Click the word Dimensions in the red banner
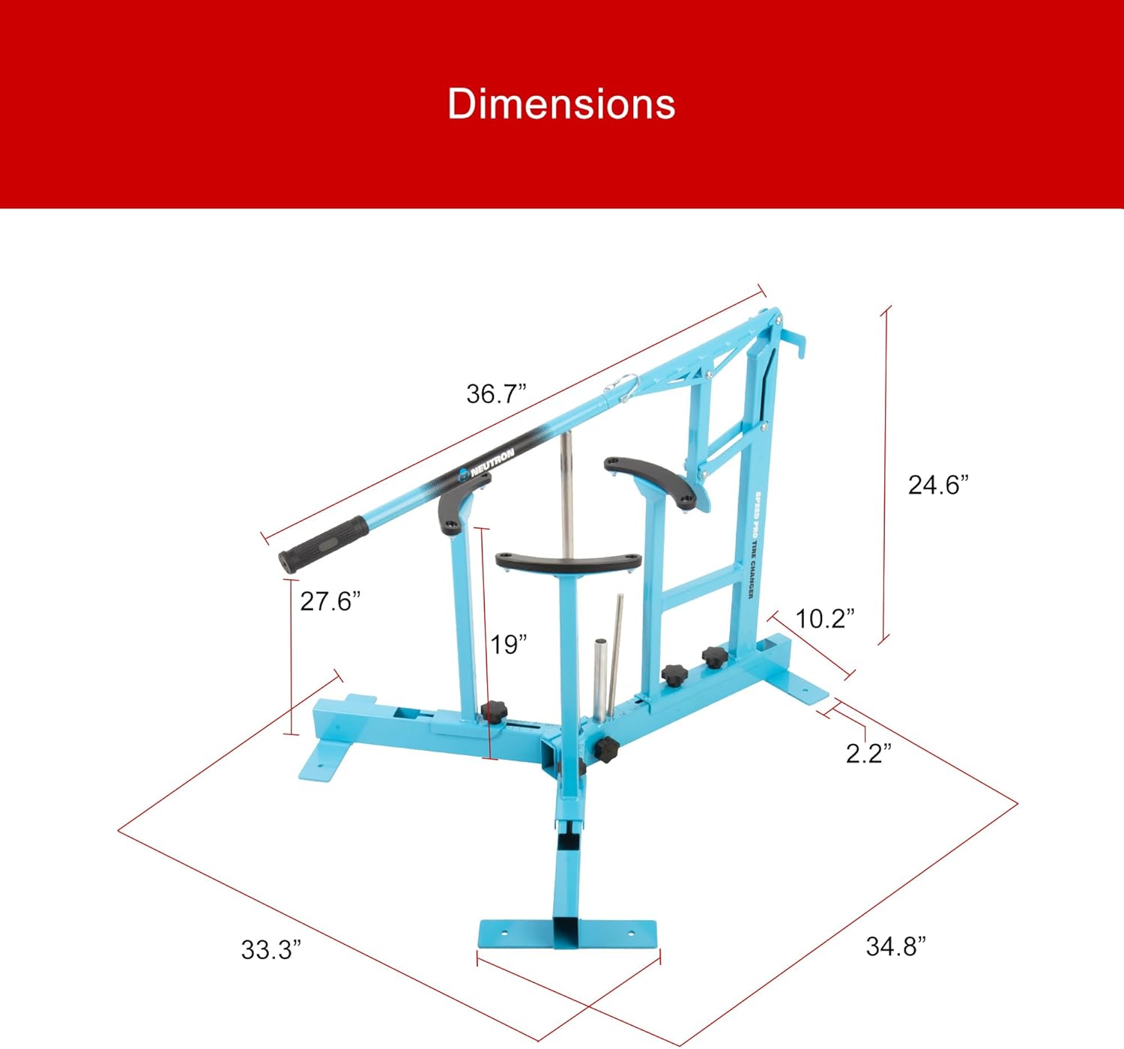point(561,103)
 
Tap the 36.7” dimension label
point(496,393)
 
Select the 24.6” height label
point(938,485)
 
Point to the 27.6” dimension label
point(330,601)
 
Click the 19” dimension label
point(508,644)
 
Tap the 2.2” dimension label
point(868,753)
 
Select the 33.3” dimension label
point(271,949)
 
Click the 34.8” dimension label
point(896,946)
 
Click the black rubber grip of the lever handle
point(323,545)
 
